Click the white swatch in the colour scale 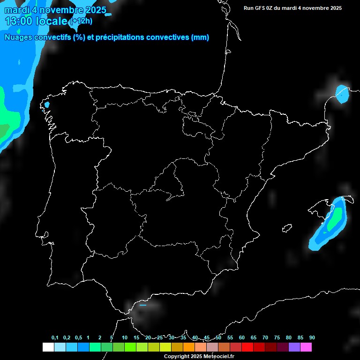(48, 347)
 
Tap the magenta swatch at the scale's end (306, 347)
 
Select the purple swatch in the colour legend (294, 347)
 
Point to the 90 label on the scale (312, 337)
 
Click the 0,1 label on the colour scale (55, 337)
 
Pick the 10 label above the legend (125, 337)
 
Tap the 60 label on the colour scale (242, 337)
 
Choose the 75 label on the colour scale (277, 337)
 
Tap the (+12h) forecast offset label (81, 21)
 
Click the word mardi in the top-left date (16, 10)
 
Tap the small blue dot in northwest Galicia (46, 105)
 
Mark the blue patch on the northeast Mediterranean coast (343, 95)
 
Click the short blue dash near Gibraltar (143, 305)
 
